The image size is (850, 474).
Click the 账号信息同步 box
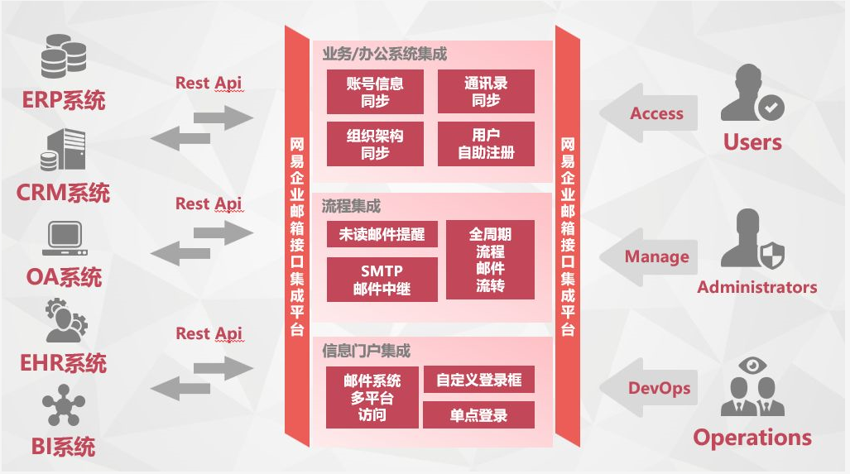375,91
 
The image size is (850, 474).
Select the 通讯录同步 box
486,91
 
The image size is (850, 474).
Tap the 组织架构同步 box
375,144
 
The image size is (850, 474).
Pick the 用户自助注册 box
486,144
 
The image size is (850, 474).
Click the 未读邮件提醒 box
382,234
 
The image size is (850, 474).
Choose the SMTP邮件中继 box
382,280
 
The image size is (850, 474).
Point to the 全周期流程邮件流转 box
490,260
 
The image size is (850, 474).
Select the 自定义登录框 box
479,380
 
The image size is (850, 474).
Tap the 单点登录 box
479,415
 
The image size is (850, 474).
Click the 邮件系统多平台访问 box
372,397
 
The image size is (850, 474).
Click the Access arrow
651,113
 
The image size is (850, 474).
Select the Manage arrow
651,256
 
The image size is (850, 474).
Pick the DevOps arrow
651,388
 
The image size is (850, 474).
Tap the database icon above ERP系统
64,54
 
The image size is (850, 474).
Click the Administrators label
756,288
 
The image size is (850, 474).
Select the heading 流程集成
351,206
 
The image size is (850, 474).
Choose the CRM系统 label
63,194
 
